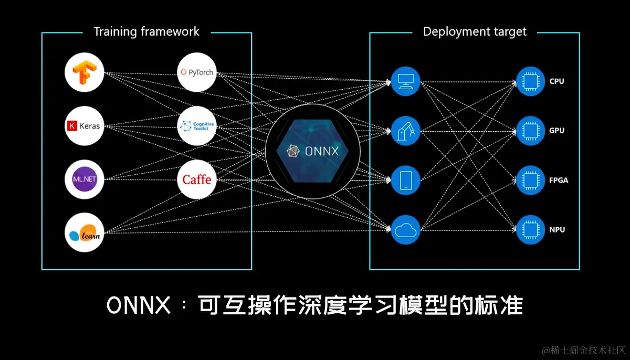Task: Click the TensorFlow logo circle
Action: click(x=85, y=72)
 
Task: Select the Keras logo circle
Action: click(x=85, y=126)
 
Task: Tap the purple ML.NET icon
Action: click(x=85, y=179)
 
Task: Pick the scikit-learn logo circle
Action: click(x=85, y=233)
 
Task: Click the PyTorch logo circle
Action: click(x=197, y=72)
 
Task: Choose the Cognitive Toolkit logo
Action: click(x=197, y=126)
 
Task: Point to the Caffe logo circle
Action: click(x=197, y=179)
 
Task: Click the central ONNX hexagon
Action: click(x=313, y=151)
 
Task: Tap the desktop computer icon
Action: click(x=405, y=81)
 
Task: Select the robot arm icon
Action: click(x=405, y=131)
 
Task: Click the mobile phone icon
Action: click(x=405, y=180)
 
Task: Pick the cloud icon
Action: click(x=405, y=229)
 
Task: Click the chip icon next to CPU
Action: click(x=530, y=81)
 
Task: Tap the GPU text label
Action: click(x=556, y=131)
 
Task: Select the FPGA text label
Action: click(x=559, y=180)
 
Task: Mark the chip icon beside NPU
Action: click(x=530, y=229)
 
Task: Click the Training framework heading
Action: click(x=146, y=31)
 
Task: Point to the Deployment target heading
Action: click(x=475, y=31)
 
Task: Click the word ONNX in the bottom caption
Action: click(x=139, y=305)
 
